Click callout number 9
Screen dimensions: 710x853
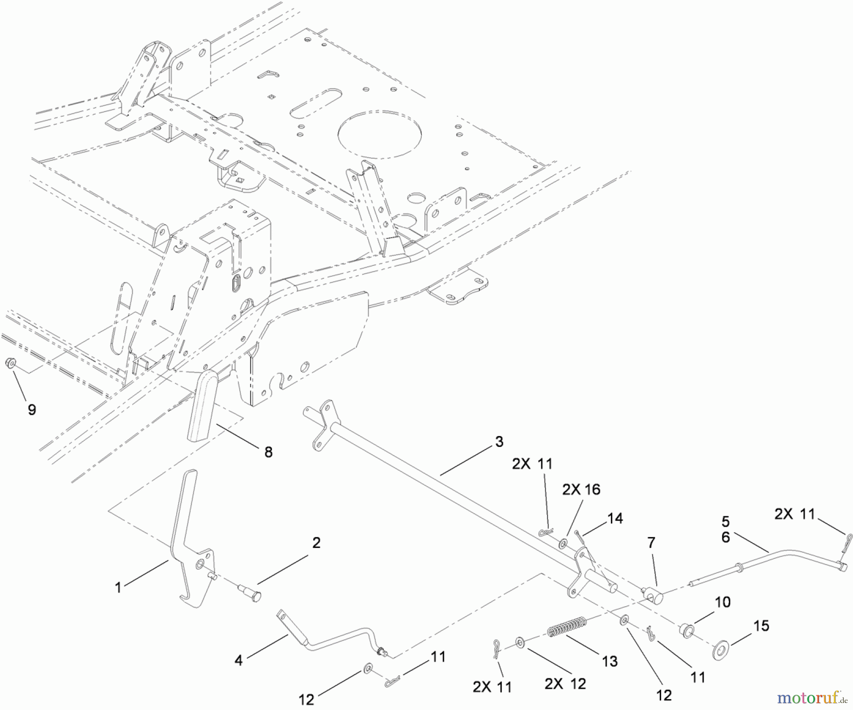32,410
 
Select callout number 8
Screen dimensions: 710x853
268,452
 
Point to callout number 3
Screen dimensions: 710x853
499,442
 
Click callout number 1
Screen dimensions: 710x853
118,588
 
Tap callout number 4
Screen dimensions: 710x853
238,660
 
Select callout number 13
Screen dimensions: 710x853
609,661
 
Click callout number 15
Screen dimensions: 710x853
761,626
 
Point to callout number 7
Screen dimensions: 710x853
651,543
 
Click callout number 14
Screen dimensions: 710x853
615,518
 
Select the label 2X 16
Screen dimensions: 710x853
581,489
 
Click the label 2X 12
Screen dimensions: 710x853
565,683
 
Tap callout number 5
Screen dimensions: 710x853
726,521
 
